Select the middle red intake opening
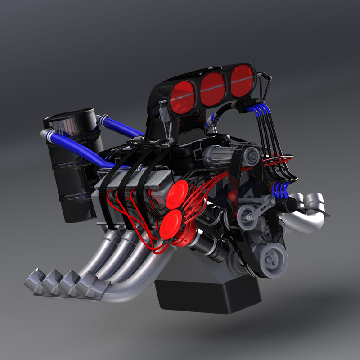[213, 84]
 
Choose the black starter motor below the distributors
[211, 245]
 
